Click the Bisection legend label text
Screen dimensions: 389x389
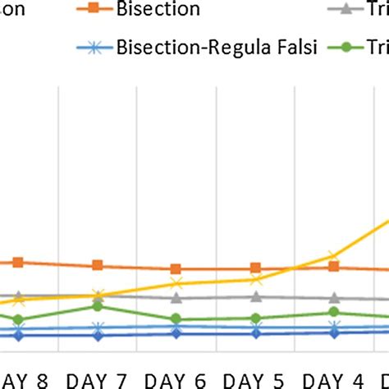(x=158, y=10)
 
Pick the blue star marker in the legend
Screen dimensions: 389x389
(x=95, y=47)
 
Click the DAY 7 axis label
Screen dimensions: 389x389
(x=97, y=380)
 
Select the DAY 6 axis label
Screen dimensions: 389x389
(x=176, y=380)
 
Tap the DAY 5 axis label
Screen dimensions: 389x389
(x=255, y=380)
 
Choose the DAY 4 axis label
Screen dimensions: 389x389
(x=334, y=380)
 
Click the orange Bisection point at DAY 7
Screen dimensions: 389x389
(x=98, y=265)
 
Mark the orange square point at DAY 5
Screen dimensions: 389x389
(x=255, y=268)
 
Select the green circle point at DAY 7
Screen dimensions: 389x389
(x=98, y=306)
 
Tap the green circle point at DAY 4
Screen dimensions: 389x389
(x=334, y=313)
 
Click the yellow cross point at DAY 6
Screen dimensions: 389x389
(x=176, y=283)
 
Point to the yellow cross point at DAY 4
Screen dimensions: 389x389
(x=334, y=257)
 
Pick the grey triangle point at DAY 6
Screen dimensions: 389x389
(x=176, y=298)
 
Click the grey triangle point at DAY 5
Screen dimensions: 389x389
(x=255, y=297)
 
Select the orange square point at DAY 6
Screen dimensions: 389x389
(x=176, y=268)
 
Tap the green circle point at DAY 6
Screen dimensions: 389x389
(x=176, y=319)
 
